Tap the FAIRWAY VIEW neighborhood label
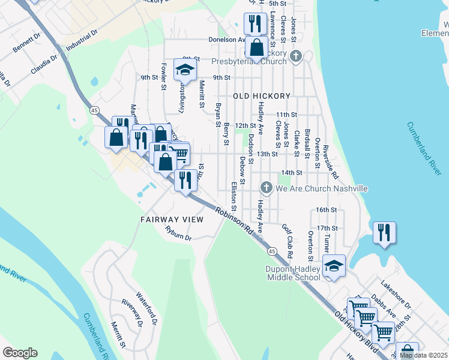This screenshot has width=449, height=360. [172, 220]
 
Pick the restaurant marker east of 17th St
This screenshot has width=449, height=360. [384, 232]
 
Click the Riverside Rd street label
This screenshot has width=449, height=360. [334, 163]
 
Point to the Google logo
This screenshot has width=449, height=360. [20, 353]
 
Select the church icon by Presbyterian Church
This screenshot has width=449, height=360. [295, 57]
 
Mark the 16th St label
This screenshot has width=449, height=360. [327, 210]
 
